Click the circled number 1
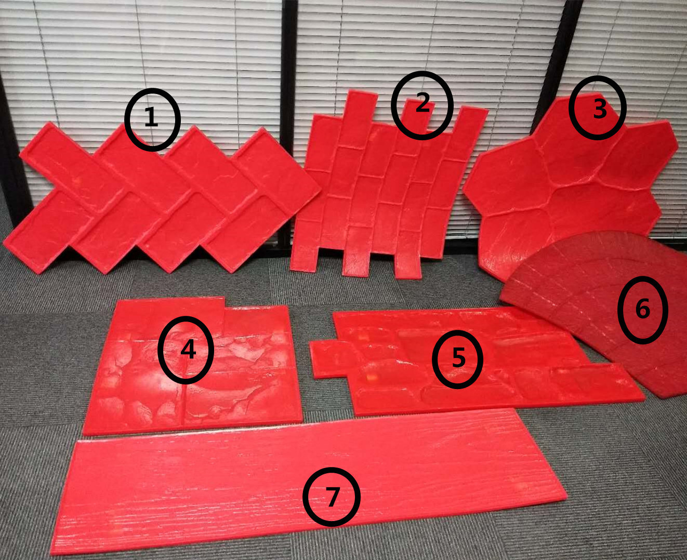point(151,119)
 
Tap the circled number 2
point(422,105)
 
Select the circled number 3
point(598,108)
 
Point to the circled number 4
point(186,350)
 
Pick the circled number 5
point(458,359)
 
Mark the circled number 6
point(643,310)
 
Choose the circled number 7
point(332,497)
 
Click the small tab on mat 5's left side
point(329,359)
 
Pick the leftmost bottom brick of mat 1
point(49,231)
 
